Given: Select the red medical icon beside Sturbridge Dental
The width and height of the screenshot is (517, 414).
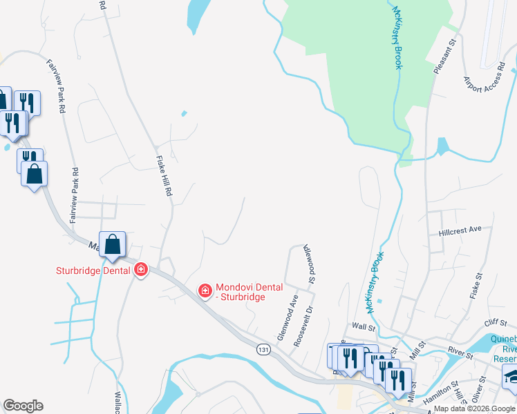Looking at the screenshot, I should pos(141,269).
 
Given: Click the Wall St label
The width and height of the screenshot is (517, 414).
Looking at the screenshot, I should pos(363,325).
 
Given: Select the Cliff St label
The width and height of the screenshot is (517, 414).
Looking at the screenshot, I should pos(496,322).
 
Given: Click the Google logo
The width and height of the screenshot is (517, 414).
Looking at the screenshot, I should pos(23,406).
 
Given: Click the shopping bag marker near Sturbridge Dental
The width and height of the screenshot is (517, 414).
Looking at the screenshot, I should pos(112,245).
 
